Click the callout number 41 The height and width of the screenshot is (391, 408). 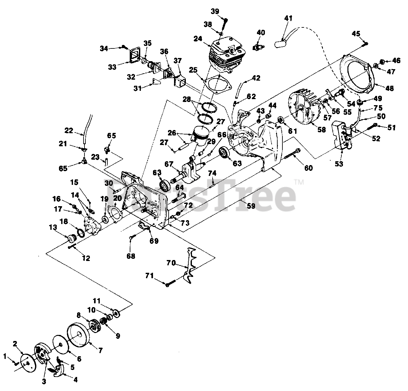288,18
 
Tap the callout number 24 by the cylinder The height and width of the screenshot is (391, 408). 198,39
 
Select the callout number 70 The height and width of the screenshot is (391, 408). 171,263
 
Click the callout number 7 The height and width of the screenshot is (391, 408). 100,351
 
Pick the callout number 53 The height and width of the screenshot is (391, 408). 339,164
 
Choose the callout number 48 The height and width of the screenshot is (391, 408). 390,88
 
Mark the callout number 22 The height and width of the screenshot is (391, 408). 69,130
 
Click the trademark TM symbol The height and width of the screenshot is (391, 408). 299,182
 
